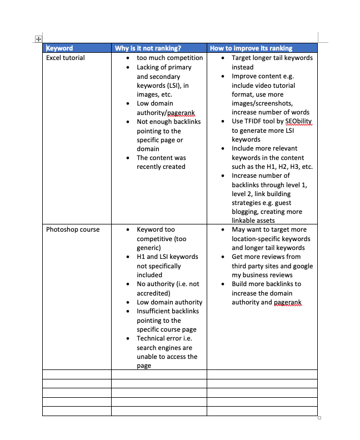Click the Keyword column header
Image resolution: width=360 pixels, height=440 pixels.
[59, 48]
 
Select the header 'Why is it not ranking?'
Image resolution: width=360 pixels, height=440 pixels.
[148, 48]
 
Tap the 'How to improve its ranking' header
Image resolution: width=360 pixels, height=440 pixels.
[251, 48]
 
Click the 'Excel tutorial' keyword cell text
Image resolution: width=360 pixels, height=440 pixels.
[66, 58]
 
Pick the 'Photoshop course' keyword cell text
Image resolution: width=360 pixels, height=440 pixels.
[73, 229]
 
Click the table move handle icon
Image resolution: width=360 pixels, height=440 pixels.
[38, 39]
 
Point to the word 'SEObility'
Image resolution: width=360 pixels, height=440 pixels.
[299, 122]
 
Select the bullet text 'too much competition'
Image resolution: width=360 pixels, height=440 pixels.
[169, 58]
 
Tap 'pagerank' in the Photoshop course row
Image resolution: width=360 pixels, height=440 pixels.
[288, 302]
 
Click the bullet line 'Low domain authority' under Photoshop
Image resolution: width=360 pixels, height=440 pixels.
[169, 302]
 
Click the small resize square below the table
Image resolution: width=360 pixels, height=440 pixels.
[319, 418]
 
